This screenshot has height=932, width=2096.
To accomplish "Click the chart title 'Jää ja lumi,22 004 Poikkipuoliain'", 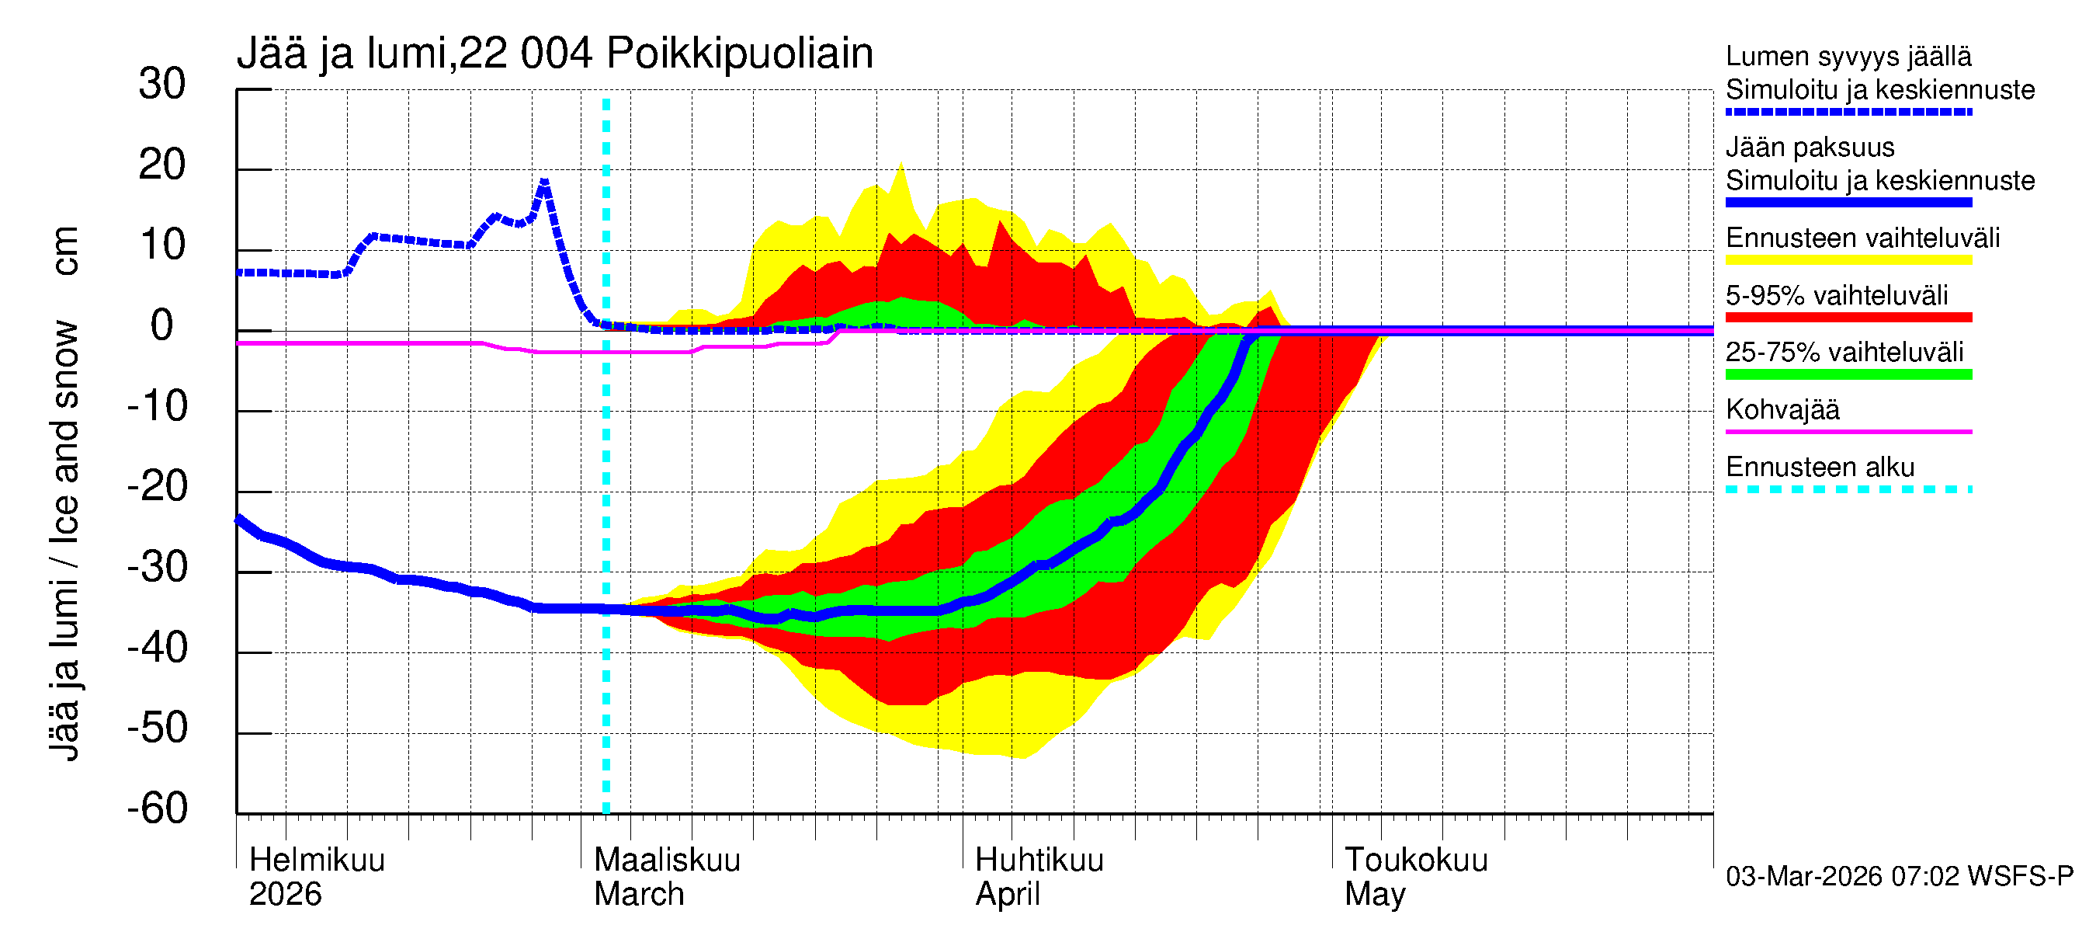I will pos(555,54).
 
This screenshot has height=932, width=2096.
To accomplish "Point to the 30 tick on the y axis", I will pos(162,84).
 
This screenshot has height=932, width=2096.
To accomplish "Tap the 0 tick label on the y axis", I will pos(162,325).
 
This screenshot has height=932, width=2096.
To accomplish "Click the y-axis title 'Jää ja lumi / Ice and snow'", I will pos(64,541).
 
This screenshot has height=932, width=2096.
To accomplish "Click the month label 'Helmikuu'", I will pos(317,860).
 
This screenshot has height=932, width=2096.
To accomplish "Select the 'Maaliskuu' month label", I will pos(667,860).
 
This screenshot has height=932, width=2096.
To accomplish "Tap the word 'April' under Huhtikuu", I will pos(1008,895).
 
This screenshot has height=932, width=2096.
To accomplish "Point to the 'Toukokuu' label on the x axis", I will pos(1416,860).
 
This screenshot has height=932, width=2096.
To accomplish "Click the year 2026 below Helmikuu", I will pos(285,895).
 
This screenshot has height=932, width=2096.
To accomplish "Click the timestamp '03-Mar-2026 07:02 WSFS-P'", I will pos(1899,877).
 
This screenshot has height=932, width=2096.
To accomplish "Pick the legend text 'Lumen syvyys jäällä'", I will pos(1848,57).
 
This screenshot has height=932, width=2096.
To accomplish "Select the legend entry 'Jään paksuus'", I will pos(1810,148).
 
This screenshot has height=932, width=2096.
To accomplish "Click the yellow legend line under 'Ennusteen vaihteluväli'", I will pos(1848,260).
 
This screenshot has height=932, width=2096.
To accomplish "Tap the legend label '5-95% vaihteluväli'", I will pos(1837,295).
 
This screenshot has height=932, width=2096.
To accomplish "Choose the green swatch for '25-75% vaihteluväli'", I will pos(1848,374).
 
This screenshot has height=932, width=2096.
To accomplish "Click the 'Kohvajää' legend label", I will pos(1782,409).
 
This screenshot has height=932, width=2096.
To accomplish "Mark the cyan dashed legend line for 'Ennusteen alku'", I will pos(1848,489).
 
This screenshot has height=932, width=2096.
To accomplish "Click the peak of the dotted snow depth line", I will pos(544,183).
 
